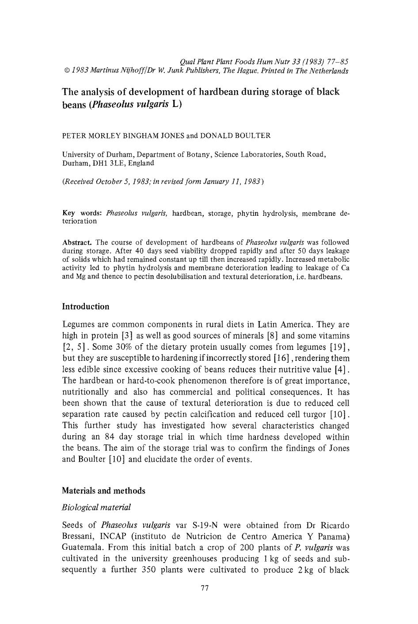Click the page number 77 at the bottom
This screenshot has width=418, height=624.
click(x=204, y=588)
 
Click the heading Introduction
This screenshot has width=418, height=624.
click(x=85, y=306)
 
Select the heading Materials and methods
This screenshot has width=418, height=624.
click(x=103, y=490)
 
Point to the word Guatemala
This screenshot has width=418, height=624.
click(x=81, y=547)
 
